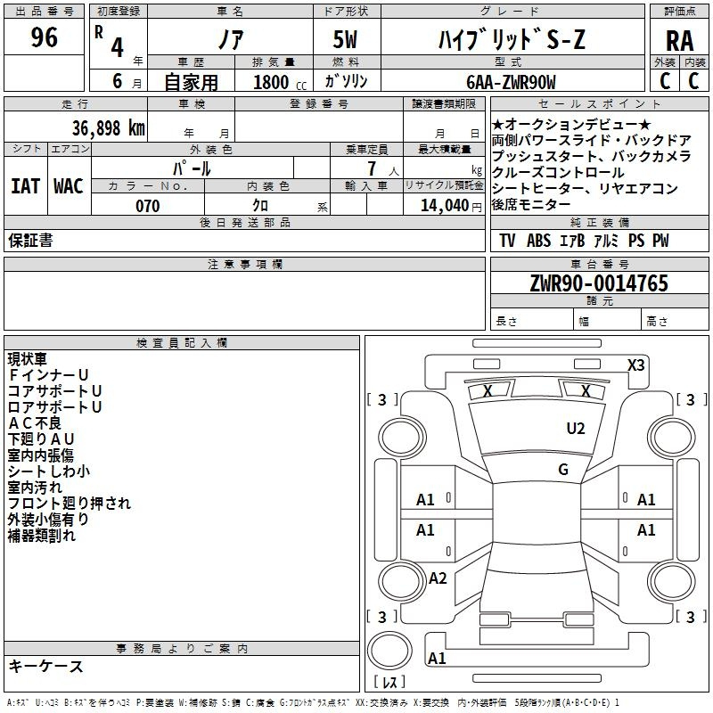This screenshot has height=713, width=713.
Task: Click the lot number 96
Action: point(44,37)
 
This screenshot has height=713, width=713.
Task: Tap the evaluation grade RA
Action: point(679,41)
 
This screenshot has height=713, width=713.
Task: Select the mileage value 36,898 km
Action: point(108,128)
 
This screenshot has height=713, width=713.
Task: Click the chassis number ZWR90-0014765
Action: point(599,283)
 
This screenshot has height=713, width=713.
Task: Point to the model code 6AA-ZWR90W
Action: point(511,82)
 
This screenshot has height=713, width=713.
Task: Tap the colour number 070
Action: point(147,206)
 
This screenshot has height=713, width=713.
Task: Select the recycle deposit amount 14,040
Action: point(444,206)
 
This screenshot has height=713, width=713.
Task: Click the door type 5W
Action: point(345,39)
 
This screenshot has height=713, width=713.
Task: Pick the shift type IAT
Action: point(26,186)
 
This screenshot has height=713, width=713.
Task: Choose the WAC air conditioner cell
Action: point(69,186)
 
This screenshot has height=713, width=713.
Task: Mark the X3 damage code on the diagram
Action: point(635,365)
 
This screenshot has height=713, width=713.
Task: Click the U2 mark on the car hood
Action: point(575,429)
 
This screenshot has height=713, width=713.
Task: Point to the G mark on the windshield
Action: point(563,470)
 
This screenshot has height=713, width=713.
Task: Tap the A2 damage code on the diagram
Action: point(438,578)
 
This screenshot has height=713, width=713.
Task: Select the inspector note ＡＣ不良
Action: point(35,422)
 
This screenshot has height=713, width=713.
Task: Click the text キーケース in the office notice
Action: point(45,667)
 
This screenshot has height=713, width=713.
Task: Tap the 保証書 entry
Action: point(30,241)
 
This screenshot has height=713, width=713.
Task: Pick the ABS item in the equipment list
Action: point(538,241)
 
